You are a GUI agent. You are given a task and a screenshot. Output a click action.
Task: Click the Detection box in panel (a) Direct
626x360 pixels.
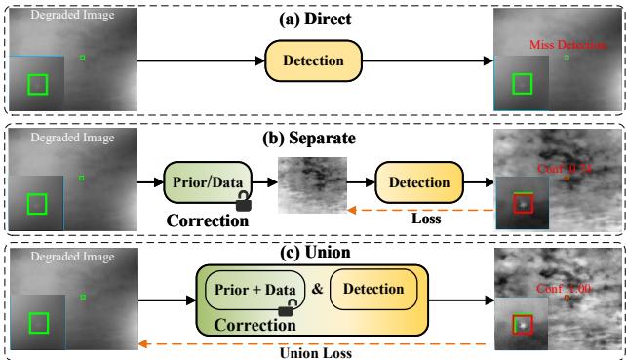pos(312,61)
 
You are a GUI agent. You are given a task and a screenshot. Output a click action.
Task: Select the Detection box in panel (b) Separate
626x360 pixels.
pos(418,182)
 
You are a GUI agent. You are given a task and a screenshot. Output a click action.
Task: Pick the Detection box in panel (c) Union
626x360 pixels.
pos(374,289)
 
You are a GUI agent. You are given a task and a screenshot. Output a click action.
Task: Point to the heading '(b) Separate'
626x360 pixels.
pos(314,138)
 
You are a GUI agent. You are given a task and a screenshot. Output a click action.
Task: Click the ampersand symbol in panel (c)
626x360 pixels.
pos(317,290)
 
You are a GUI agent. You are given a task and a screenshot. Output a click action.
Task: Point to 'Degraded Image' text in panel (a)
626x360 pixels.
pos(60,17)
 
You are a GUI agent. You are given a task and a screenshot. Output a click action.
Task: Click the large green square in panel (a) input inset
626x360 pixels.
pos(37,85)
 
